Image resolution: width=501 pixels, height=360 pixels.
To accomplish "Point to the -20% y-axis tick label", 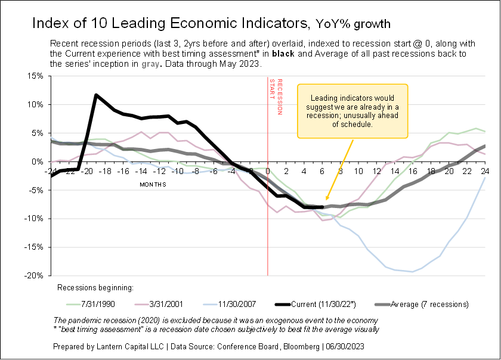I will coord(34,276).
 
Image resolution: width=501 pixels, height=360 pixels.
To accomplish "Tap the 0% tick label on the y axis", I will coord(38,162).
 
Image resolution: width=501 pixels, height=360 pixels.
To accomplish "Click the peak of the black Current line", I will coord(96,95).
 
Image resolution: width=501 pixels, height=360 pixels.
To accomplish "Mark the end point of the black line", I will coord(322,207).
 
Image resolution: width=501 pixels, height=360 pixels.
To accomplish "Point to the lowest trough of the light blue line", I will coord(413,272).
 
